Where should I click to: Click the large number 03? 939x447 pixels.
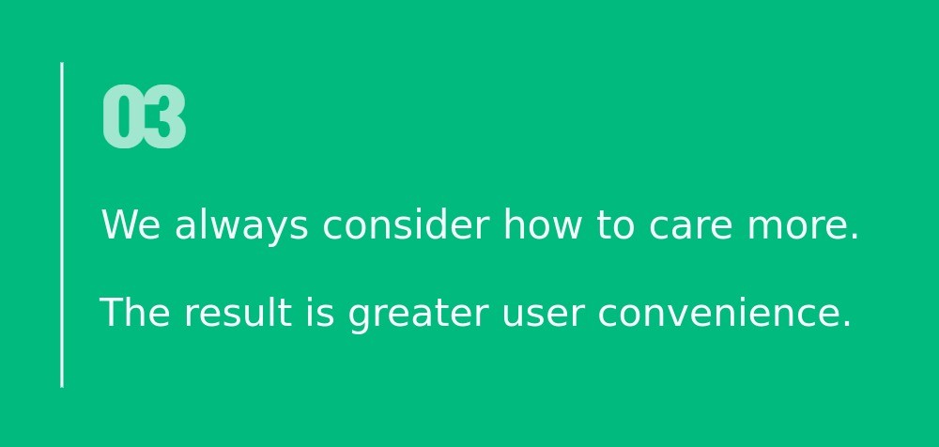[x=145, y=116]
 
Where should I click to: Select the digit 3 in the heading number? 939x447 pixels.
[x=165, y=116]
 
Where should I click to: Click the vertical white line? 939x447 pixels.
[x=62, y=224]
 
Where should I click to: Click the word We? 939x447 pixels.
[x=131, y=224]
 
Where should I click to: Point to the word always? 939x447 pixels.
[x=241, y=227]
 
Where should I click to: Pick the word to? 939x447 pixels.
[x=615, y=225]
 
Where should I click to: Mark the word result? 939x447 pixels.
[x=239, y=312]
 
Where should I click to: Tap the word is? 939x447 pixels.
[x=320, y=312]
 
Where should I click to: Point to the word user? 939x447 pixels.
[x=543, y=316]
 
